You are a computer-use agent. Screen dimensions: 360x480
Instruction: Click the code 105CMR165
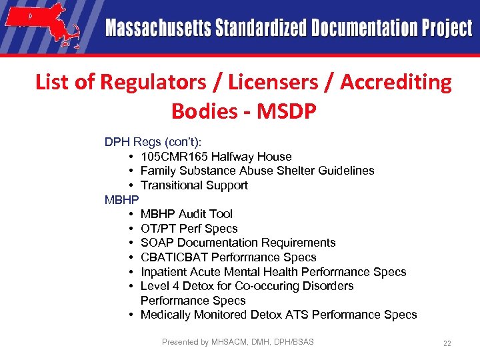coord(175,157)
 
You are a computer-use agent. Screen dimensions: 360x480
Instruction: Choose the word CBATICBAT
coord(174,257)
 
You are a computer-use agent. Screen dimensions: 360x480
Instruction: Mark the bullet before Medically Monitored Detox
coord(133,315)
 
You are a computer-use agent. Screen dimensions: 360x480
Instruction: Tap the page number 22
coord(447,343)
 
